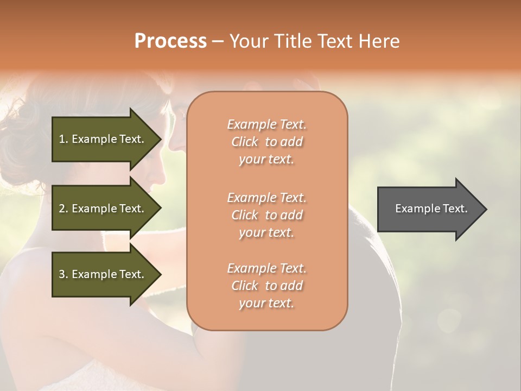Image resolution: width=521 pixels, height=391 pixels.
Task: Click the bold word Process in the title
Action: click(170, 41)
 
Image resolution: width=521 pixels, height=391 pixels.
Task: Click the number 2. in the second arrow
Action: click(63, 209)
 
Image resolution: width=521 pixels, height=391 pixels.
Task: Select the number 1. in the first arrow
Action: click(63, 139)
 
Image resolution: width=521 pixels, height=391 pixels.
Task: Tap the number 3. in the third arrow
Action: click(63, 274)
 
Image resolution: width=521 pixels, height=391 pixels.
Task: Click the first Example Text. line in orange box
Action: click(266, 124)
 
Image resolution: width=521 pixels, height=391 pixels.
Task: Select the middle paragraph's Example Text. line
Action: click(266, 197)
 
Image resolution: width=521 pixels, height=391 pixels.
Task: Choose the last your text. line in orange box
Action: click(266, 304)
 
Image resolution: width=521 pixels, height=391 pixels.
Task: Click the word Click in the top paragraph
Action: click(244, 142)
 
